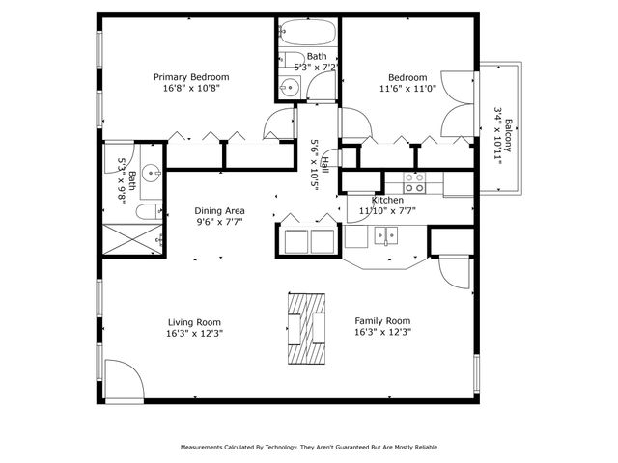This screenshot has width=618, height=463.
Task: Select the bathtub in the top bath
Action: (x=307, y=38)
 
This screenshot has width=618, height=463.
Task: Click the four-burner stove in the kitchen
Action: (x=414, y=179)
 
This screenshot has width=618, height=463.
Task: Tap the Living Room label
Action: (x=194, y=322)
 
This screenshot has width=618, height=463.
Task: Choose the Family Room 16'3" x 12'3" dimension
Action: (x=383, y=334)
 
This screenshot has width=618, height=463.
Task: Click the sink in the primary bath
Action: (x=151, y=175)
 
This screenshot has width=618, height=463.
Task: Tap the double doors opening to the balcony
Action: (x=459, y=117)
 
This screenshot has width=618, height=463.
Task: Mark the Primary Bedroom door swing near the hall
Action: (x=280, y=123)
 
